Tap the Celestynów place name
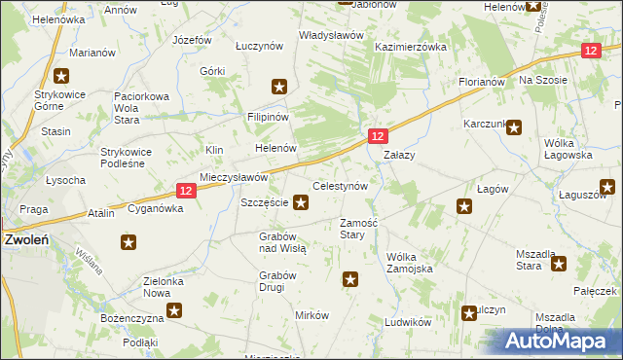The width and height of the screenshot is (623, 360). coord(339,186)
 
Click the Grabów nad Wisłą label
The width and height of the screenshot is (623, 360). coord(283,242)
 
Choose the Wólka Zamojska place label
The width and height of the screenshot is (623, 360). coord(409,262)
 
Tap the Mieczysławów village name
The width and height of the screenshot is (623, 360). coord(234,178)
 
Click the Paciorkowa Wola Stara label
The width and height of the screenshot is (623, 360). coord(142,102)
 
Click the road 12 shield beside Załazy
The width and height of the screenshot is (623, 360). coord(379,137)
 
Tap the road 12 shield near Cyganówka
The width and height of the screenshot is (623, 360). coord(189,193)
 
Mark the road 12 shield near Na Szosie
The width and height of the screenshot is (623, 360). coord(590,51)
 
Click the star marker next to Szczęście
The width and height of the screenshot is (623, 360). coord(302,203)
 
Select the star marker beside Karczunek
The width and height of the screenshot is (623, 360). coord(515,126)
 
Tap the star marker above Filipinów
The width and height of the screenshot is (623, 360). coord(279,88)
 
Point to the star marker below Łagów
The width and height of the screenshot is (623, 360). coord(465,206)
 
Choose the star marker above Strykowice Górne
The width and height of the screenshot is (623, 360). coord(61,75)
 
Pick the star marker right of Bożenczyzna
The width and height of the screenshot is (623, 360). coord(174,311)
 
